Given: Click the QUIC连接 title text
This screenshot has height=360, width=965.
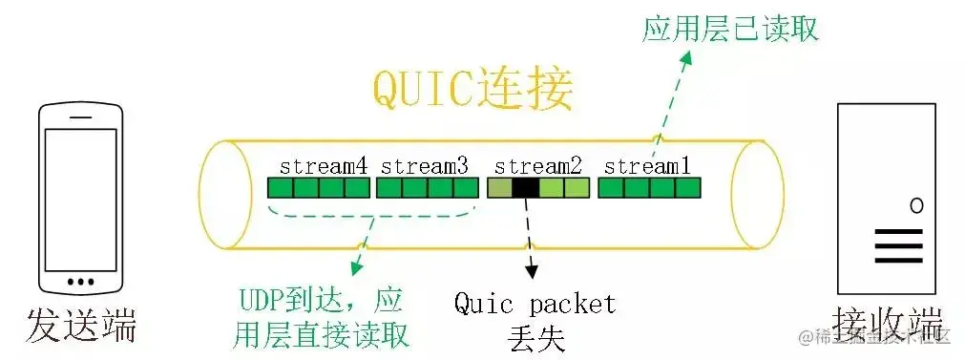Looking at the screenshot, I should click(x=472, y=91).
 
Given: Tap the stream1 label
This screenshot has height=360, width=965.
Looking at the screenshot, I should click(x=648, y=165).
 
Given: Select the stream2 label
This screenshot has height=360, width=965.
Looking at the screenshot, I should click(x=538, y=165).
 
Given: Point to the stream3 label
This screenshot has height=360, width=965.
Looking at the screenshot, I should click(x=425, y=165).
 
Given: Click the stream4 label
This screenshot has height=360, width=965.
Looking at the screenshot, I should click(x=323, y=165).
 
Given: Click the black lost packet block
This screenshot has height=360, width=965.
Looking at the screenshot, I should click(x=525, y=188).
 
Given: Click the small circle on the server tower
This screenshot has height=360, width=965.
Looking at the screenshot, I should click(x=916, y=204).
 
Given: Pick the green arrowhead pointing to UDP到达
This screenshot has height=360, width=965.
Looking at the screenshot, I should click(x=357, y=270).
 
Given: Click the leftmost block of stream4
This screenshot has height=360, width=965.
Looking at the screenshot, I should click(x=280, y=188).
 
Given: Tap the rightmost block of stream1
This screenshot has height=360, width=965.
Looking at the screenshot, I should click(x=687, y=188).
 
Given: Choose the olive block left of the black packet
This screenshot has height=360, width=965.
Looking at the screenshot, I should click(x=499, y=188).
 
